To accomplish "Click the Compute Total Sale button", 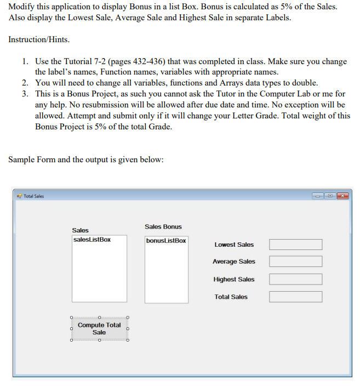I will coord(99,328).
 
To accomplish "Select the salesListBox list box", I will coord(99,269).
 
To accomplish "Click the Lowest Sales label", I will coord(234,245).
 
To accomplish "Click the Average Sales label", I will coord(234,262).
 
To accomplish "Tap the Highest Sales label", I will coord(234,279).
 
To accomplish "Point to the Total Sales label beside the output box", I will coord(231,297).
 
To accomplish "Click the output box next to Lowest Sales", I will coord(295,245).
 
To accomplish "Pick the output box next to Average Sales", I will coord(295,262).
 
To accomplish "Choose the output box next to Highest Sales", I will coord(295,279).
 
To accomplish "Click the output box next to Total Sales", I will coord(295,297).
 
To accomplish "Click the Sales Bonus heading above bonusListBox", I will coord(163,226).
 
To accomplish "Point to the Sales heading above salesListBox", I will coord(80,230).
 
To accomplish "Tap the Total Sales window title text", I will coord(35,196).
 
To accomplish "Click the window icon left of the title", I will coord(19,196).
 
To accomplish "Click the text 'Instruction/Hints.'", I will coord(39,40).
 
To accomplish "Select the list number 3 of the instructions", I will coord(26,94).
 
